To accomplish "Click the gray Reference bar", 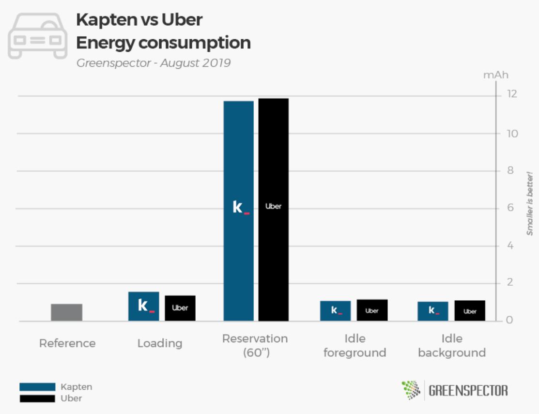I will pos(67,312).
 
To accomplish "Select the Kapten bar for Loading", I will pos(143,306).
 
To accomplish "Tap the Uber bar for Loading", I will pos(180,308).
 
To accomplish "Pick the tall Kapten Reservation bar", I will pos(238,211).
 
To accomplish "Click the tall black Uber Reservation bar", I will pos(273,209).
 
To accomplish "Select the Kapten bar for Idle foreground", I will pos(335,311).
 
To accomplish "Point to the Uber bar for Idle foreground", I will pos(372,310).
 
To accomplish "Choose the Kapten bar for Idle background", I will pos(433,311).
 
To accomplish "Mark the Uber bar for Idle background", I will pos(470,311).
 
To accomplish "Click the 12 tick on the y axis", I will pos(511,94).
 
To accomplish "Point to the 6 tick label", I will pos(510,208).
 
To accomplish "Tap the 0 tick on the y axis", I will pos(509,321).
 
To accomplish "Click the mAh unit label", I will pos(496,76).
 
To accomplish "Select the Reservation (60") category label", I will pos(255,345).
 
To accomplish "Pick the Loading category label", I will pos(160,343).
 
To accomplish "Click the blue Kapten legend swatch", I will pos(37,387).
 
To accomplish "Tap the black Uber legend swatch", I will pos(37,399).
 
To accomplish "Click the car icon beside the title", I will pos(38,35).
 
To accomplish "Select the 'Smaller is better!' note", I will pos(530,203).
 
